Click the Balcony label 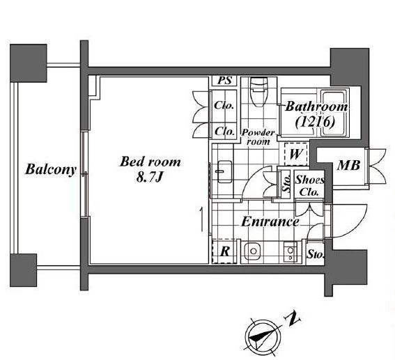51,169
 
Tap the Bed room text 150,162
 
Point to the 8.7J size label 150,178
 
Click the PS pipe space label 224,81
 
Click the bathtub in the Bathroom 334,114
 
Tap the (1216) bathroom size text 315,123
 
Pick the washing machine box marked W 295,154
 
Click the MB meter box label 348,166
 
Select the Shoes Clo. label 309,186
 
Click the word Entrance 270,222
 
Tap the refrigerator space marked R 224,251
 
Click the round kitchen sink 253,251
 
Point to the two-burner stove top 291,252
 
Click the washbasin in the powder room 224,171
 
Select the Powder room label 258,137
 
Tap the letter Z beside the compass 292,319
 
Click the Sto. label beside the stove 316,255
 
